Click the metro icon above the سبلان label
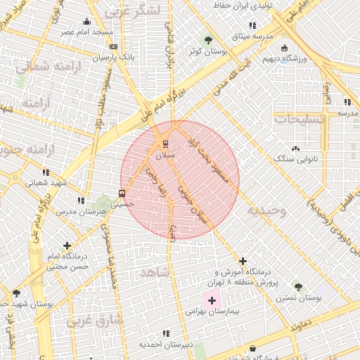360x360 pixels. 166,144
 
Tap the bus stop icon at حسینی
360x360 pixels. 122,193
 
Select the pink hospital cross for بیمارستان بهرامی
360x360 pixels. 212,300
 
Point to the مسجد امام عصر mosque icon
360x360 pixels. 86,21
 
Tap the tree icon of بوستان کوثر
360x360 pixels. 207,39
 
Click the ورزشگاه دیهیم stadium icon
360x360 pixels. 284,48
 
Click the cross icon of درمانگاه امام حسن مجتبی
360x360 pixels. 67,245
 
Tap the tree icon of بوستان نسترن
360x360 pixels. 298,287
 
